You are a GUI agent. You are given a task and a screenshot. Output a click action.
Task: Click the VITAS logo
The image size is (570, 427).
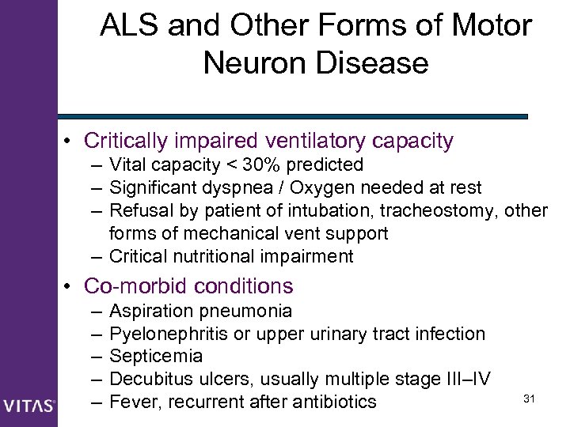tap(28, 406)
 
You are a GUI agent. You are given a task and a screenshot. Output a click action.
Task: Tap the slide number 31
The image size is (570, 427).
tap(530, 398)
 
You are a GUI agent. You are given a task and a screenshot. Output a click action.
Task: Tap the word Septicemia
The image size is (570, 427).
tap(156, 356)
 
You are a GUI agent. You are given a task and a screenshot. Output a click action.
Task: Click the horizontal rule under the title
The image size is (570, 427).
tap(293, 116)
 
